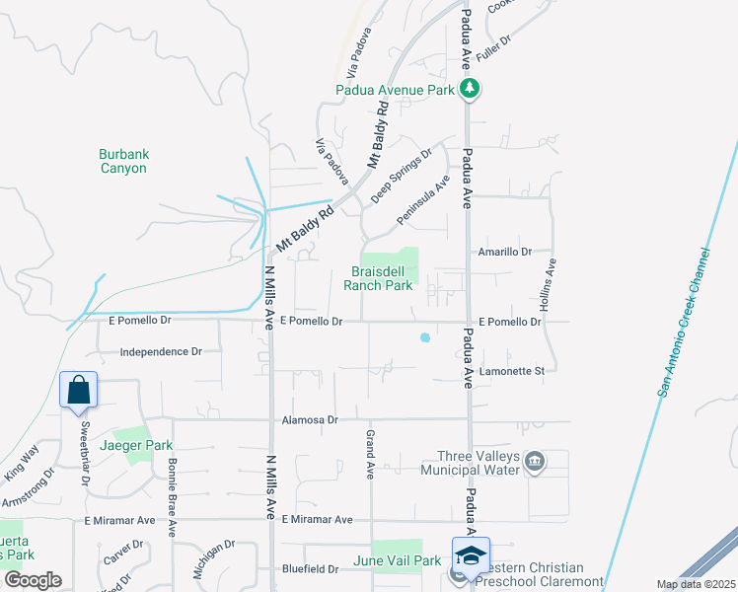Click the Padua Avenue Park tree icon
click(472, 90)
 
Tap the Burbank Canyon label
click(123, 161)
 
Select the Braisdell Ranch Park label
click(377, 278)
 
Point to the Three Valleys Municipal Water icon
click(536, 461)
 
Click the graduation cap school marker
click(471, 555)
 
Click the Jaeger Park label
click(143, 445)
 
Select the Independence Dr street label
click(161, 351)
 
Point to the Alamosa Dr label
click(311, 419)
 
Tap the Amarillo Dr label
click(504, 252)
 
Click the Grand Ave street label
click(371, 449)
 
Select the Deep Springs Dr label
click(402, 177)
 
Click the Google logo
click(34, 580)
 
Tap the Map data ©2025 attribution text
click(696, 584)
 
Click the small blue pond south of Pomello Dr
click(425, 337)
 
